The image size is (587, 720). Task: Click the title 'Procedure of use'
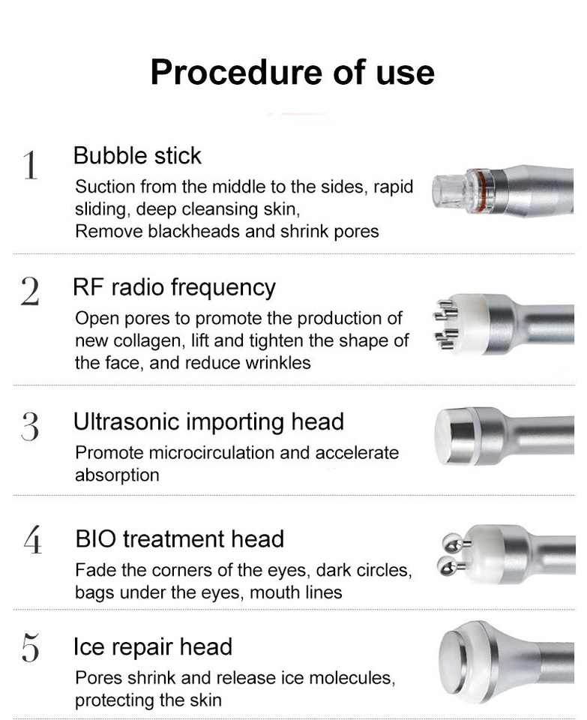point(292,73)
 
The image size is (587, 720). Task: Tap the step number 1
point(30,164)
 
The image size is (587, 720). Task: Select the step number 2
point(30,291)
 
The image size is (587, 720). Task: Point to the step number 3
point(30,426)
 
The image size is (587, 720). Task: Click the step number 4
point(32,539)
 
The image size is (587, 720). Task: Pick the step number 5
point(30,647)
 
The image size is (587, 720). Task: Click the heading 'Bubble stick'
point(137,156)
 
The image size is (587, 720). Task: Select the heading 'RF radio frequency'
point(175,288)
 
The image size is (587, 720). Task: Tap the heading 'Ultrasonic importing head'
point(209,422)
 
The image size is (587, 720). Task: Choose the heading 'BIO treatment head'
point(180,538)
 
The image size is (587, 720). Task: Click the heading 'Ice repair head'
point(153,647)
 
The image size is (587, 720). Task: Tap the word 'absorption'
point(117,475)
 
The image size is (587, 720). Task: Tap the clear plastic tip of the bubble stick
point(450,190)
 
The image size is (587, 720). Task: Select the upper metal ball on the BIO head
point(452,543)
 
